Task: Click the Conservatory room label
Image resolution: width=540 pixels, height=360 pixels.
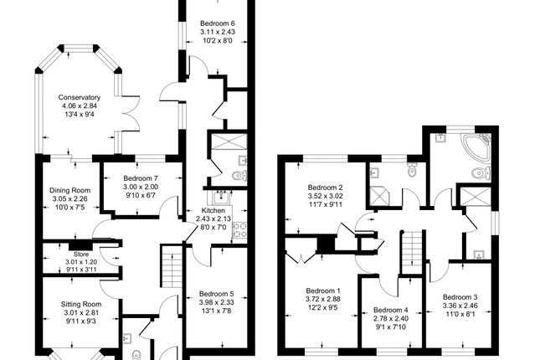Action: pos(80,97)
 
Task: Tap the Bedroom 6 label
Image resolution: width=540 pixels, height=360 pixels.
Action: pos(218,23)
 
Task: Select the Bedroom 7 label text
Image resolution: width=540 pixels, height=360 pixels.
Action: pos(141,178)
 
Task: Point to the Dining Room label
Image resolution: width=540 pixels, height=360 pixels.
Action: pos(70,190)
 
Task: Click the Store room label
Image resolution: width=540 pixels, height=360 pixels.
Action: pos(81,255)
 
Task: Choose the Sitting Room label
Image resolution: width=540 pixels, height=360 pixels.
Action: pos(81,304)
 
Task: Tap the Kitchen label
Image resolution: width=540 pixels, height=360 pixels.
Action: pos(213,210)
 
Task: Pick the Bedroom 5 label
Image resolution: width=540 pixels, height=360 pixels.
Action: pos(216,294)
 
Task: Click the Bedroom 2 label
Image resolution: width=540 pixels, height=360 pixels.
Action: pos(325,188)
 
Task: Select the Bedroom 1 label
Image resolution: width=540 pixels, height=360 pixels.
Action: pos(323,291)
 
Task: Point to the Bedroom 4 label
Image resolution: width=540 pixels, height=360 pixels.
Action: pos(390,310)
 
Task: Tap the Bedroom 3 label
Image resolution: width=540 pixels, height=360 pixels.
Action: pos(460,297)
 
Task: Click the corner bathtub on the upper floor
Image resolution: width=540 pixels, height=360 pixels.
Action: pos(476,148)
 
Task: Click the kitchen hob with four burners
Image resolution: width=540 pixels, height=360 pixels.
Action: pos(239,230)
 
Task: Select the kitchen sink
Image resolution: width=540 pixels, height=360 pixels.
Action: pos(219,198)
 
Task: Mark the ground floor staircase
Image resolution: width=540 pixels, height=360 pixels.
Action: pos(172,266)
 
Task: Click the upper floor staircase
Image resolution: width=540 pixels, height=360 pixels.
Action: pos(412,253)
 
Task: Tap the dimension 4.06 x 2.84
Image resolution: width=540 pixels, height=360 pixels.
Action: pos(80,105)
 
